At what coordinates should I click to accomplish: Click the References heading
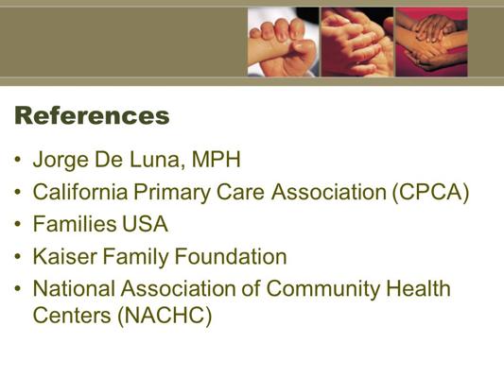click(x=92, y=115)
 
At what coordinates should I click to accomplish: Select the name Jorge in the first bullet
click(x=61, y=160)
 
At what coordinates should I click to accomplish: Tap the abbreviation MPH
click(x=216, y=159)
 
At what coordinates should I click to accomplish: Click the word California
click(x=80, y=192)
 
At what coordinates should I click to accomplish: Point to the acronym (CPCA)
click(x=430, y=193)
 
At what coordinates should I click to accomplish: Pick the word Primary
click(x=172, y=193)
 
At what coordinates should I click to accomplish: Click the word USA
click(x=145, y=224)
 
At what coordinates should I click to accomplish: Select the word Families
click(x=75, y=224)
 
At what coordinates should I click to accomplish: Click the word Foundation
click(x=231, y=256)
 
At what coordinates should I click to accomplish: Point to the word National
click(x=74, y=288)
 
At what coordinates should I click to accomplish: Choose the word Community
click(x=323, y=289)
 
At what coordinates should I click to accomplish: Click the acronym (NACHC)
click(x=165, y=316)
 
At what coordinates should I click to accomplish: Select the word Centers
click(x=72, y=315)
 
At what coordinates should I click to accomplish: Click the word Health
click(x=418, y=288)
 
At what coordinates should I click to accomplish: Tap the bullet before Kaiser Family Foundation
click(x=18, y=257)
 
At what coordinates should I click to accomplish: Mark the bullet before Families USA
click(x=18, y=224)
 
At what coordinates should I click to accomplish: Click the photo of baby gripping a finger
click(x=283, y=43)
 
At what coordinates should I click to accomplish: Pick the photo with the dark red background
click(x=432, y=43)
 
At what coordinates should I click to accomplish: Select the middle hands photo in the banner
click(x=357, y=43)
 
